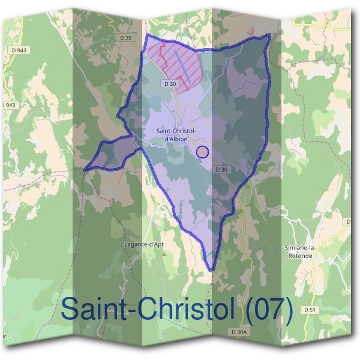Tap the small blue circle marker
click(x=202, y=152)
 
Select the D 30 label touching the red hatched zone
click(x=170, y=84)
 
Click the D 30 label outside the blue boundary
click(x=126, y=37)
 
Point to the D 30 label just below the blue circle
click(x=221, y=169)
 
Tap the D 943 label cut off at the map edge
click(x=8, y=105)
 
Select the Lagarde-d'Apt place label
click(x=145, y=244)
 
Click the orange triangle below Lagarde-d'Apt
click(x=163, y=253)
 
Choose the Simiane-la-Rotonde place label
click(x=298, y=251)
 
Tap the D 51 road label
click(x=310, y=310)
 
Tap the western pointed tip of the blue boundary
click(x=85, y=170)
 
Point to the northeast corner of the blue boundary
click(x=268, y=35)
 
